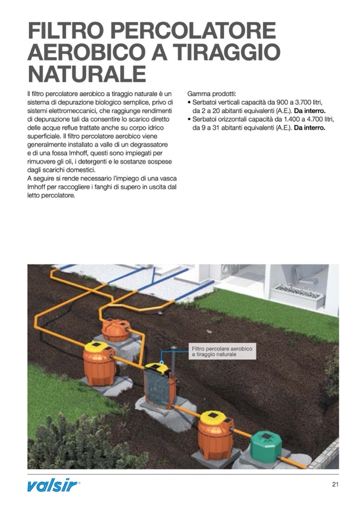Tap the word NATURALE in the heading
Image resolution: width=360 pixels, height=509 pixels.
click(x=87, y=73)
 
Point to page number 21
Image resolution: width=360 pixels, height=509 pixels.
click(x=336, y=485)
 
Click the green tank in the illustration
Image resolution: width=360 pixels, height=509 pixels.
click(x=266, y=447)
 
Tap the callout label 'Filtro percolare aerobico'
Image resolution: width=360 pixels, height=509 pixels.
click(x=222, y=349)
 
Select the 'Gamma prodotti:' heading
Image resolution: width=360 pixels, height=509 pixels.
click(x=211, y=94)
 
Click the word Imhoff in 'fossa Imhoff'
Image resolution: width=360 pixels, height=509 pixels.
click(x=84, y=153)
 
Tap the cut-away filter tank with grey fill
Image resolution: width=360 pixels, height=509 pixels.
click(x=160, y=386)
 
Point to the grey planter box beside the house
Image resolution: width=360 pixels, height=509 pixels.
click(x=297, y=293)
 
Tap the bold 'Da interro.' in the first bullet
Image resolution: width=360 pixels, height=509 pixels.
click(x=310, y=111)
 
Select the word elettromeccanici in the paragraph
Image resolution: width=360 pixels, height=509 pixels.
click(x=74, y=111)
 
